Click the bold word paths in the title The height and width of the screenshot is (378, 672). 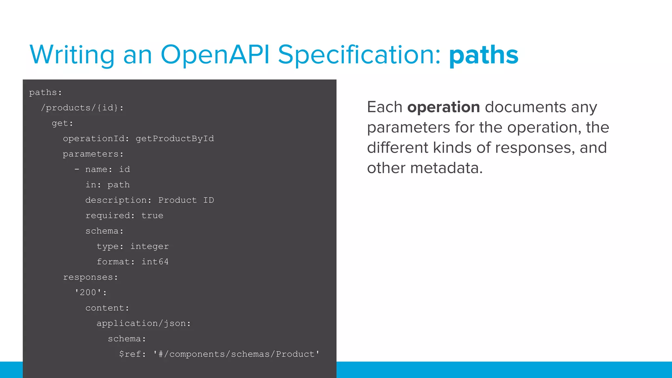tap(483, 55)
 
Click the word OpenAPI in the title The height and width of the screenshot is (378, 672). tap(215, 54)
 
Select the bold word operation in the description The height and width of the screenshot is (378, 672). tap(443, 107)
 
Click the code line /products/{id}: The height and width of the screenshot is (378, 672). tap(82, 108)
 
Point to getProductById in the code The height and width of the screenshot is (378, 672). tap(175, 138)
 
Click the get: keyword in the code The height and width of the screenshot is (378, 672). tap(62, 123)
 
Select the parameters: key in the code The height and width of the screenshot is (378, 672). tap(93, 154)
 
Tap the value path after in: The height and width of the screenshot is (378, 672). tap(118, 185)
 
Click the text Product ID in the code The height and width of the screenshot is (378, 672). tap(186, 200)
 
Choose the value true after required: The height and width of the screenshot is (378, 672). tap(152, 216)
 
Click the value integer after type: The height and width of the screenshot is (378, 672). tap(150, 246)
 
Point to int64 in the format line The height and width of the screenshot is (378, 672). tap(155, 262)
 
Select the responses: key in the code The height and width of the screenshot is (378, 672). tap(90, 277)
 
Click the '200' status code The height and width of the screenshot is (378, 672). tap(88, 292)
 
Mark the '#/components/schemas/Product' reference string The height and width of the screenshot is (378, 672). tap(236, 354)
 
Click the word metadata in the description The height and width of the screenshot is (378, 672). tap(446, 168)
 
